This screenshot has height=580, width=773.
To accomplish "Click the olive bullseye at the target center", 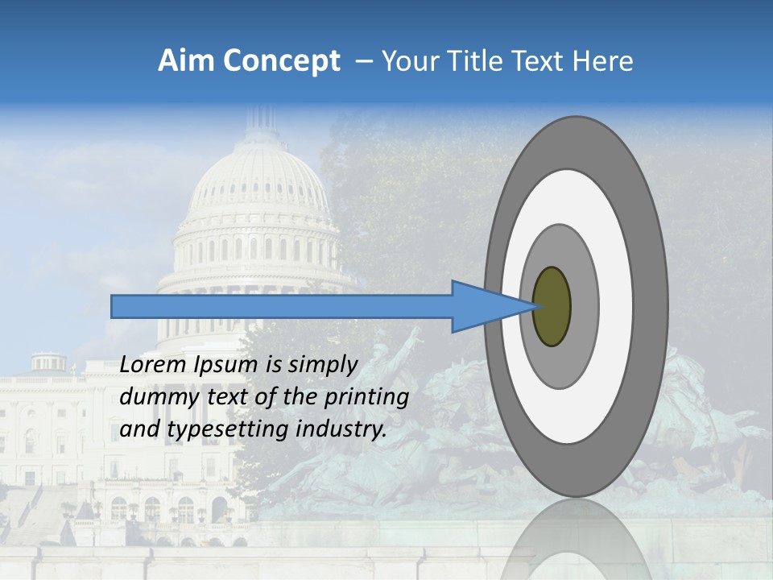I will (552, 307).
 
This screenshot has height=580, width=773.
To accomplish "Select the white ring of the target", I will (616, 307).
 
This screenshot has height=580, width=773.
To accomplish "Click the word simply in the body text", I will (320, 364).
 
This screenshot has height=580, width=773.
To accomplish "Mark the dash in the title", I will (363, 61).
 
